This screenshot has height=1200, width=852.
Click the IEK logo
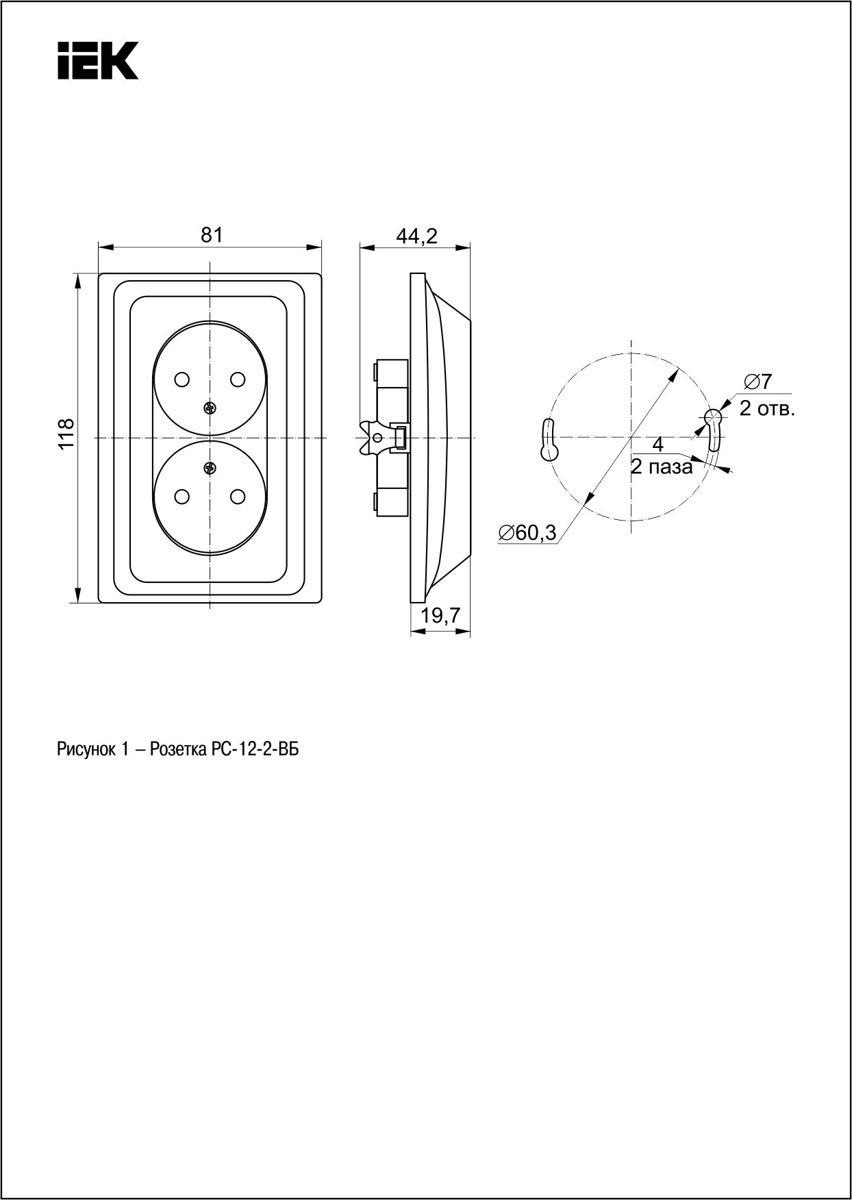click(x=98, y=60)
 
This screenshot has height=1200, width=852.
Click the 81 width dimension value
click(x=211, y=234)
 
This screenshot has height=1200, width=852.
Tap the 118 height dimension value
click(x=65, y=434)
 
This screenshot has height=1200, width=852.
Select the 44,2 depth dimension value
click(x=416, y=236)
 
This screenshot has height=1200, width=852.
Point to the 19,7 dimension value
click(x=440, y=616)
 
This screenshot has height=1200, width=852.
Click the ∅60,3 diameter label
click(x=527, y=532)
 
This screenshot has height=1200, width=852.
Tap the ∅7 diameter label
click(x=757, y=381)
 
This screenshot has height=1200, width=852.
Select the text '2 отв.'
click(x=766, y=410)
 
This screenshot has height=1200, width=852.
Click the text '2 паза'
click(x=662, y=467)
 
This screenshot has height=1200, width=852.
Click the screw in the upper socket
click(x=210, y=409)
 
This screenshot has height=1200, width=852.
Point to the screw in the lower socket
click(x=210, y=468)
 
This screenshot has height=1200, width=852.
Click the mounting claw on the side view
click(x=374, y=438)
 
